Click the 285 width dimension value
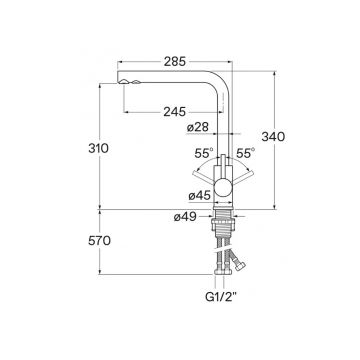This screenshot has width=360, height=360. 174,62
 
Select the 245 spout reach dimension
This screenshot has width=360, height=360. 174,112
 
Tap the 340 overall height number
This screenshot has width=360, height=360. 273,137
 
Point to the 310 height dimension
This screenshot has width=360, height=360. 98,148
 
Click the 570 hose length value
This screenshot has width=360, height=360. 99,240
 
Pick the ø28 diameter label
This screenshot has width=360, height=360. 198,127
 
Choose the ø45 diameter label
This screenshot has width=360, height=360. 200,196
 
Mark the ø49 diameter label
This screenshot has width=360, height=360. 185,217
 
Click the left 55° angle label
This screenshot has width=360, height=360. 204,153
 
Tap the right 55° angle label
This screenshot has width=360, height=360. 246,153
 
